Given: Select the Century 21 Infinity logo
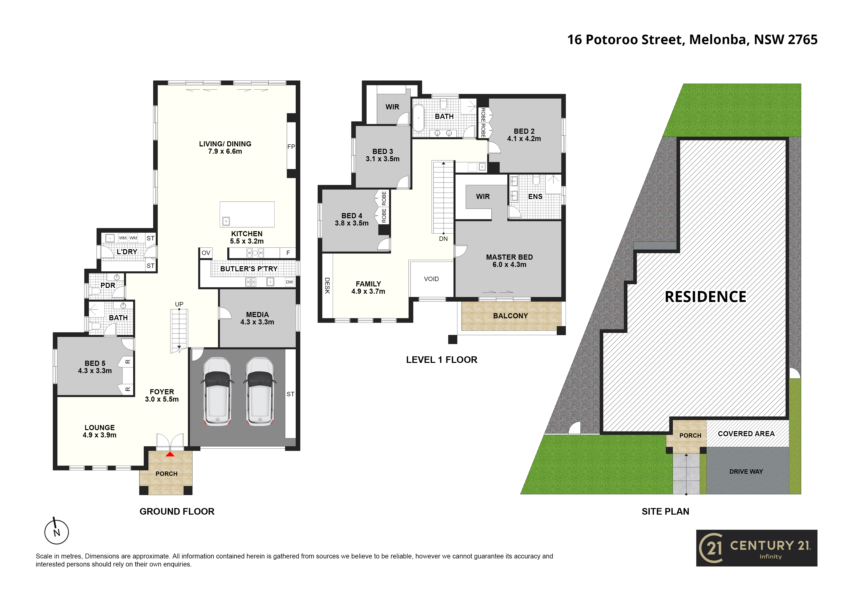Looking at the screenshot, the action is [757, 548].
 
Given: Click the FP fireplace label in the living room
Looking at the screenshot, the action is [291, 147].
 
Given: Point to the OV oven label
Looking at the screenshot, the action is [206, 253].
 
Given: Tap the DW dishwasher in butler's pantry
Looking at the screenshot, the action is [289, 282].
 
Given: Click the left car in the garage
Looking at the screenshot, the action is [218, 391].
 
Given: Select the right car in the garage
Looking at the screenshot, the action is [260, 391].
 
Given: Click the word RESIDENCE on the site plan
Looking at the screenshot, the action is [705, 297].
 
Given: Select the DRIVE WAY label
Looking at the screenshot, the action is [746, 472].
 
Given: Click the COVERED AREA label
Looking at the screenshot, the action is [746, 434].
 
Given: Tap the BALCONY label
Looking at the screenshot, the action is [510, 316].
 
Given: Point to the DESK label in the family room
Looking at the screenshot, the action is [327, 285].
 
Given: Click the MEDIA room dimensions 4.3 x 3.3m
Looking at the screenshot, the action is [257, 322].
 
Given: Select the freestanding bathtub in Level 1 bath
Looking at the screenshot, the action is [418, 118].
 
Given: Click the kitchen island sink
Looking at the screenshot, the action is [226, 221].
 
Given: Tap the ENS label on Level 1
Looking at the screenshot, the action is [535, 197].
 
